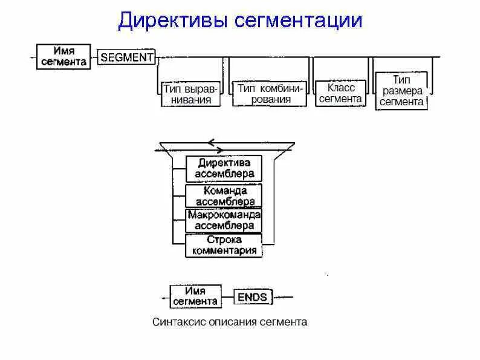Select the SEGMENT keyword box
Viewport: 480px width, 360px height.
tap(126, 57)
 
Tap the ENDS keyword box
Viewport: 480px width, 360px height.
tap(252, 296)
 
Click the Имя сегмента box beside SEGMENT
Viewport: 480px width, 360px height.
tap(63, 56)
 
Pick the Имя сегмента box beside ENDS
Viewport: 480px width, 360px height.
tap(195, 296)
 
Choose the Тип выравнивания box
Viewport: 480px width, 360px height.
tap(191, 94)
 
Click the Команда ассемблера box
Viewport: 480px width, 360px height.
tap(224, 195)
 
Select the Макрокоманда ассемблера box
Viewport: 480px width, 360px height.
tap(224, 220)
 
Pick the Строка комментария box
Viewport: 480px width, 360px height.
tap(224, 245)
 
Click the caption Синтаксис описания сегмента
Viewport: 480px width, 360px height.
tap(229, 322)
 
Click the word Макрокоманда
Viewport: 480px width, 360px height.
tap(224, 215)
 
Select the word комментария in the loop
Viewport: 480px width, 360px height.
tap(224, 250)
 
